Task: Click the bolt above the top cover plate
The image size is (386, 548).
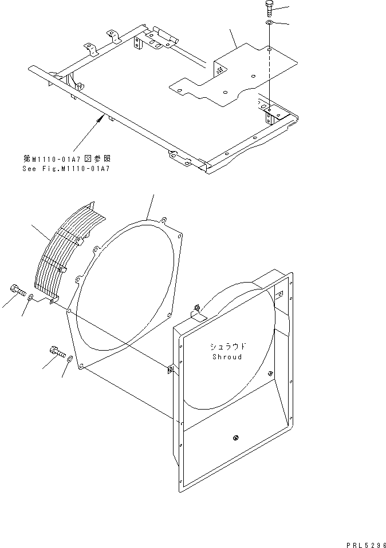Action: click(269, 10)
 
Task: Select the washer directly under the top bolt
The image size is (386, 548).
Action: click(269, 23)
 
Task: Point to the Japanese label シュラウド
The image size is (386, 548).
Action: click(227, 347)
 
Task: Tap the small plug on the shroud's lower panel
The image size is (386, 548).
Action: click(235, 438)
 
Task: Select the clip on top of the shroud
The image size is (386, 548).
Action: click(195, 310)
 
